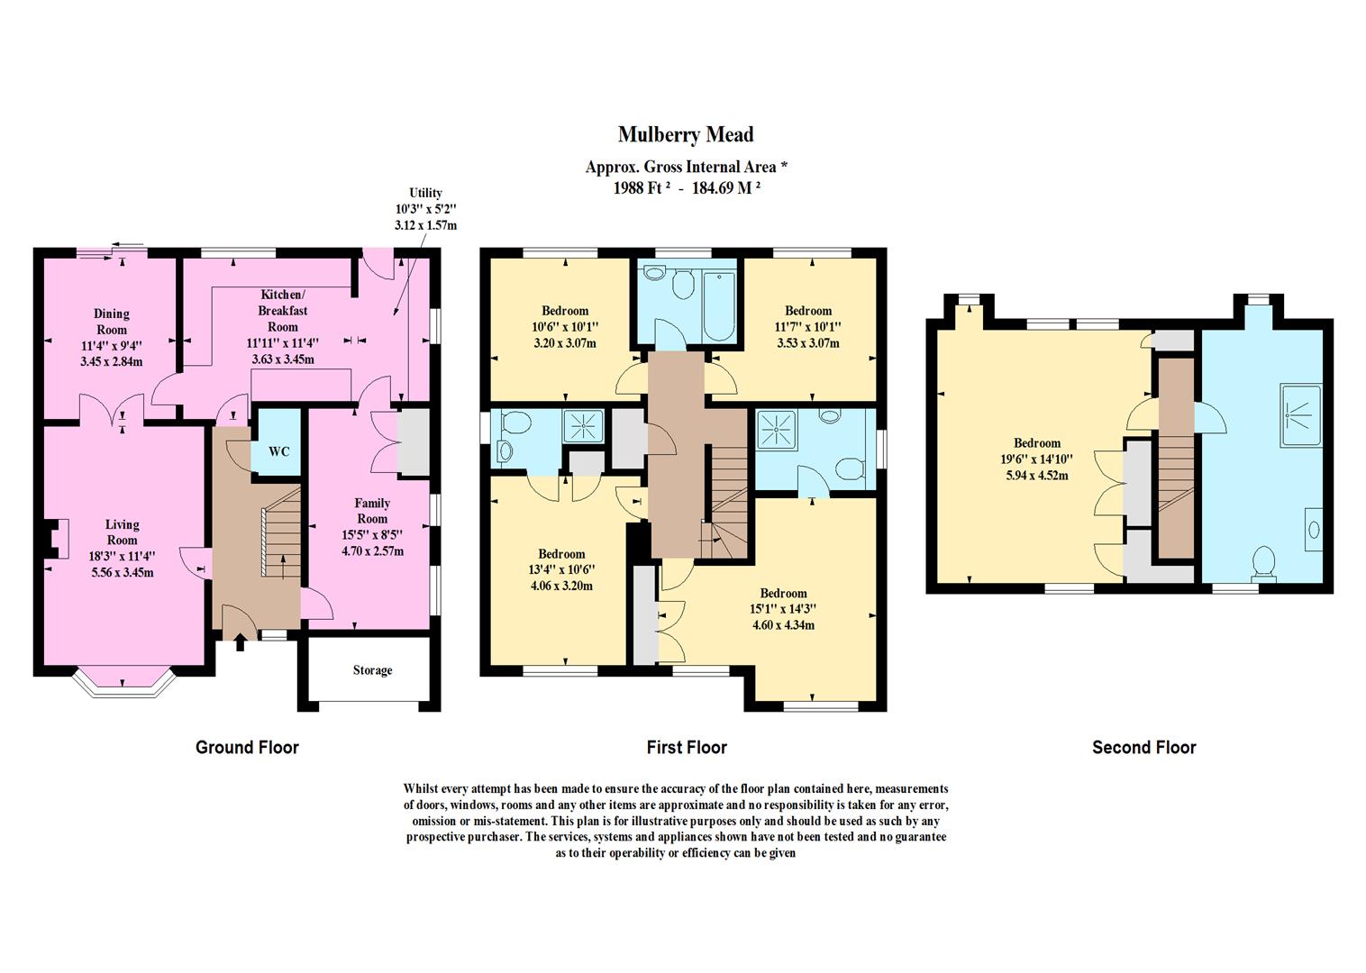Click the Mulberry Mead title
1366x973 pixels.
coord(686,135)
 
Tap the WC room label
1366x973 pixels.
coord(279,451)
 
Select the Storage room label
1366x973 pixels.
coord(373,670)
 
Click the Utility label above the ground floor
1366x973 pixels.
coord(425,194)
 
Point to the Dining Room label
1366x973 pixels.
coord(112,322)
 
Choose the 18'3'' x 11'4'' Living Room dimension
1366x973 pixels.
coord(122,556)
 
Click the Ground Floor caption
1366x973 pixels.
coord(247,748)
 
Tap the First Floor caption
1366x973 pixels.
coord(687,748)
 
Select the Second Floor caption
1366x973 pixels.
coord(1144,748)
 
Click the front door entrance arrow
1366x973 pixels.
coord(240,642)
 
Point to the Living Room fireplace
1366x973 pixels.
coord(56,539)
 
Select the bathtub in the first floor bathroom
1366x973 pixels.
coord(719,307)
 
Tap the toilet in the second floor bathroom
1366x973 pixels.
coord(1263,563)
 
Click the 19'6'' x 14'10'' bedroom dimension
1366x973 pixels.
coord(1037,459)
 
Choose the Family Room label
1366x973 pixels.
coord(372,511)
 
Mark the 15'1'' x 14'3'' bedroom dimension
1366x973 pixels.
coord(783,609)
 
